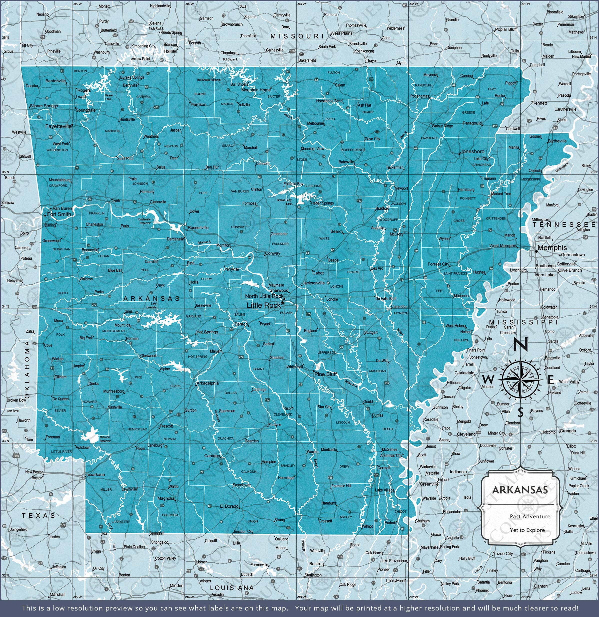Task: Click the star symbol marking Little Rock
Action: click(283, 303)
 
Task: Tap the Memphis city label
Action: click(552, 247)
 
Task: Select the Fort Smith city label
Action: click(59, 214)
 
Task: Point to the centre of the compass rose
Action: click(521, 380)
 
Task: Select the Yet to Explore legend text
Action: click(527, 530)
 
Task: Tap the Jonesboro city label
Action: click(472, 151)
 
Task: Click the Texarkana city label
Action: click(95, 474)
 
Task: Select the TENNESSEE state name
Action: click(564, 224)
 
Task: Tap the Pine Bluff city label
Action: click(326, 374)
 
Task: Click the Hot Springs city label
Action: click(207, 332)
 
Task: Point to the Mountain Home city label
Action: click(256, 90)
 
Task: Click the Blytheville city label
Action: click(557, 141)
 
